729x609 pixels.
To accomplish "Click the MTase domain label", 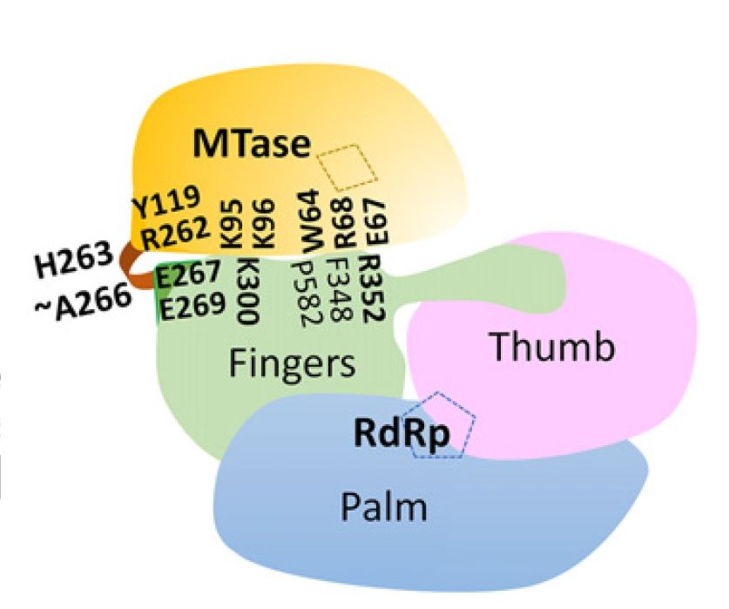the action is click(252, 143).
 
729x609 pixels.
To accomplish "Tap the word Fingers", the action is click(292, 364).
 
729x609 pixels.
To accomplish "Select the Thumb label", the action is click(553, 346).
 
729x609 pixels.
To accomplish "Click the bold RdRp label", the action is click(402, 433).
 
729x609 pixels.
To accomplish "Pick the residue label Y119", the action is click(166, 202).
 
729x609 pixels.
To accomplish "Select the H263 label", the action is click(74, 259).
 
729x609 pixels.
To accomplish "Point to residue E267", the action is click(187, 274).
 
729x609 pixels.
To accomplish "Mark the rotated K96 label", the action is click(263, 224).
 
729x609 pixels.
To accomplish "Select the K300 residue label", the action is click(248, 290).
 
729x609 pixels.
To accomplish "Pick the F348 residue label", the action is click(340, 289).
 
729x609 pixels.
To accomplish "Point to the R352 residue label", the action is click(373, 288).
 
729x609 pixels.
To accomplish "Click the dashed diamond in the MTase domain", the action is click(347, 167).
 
